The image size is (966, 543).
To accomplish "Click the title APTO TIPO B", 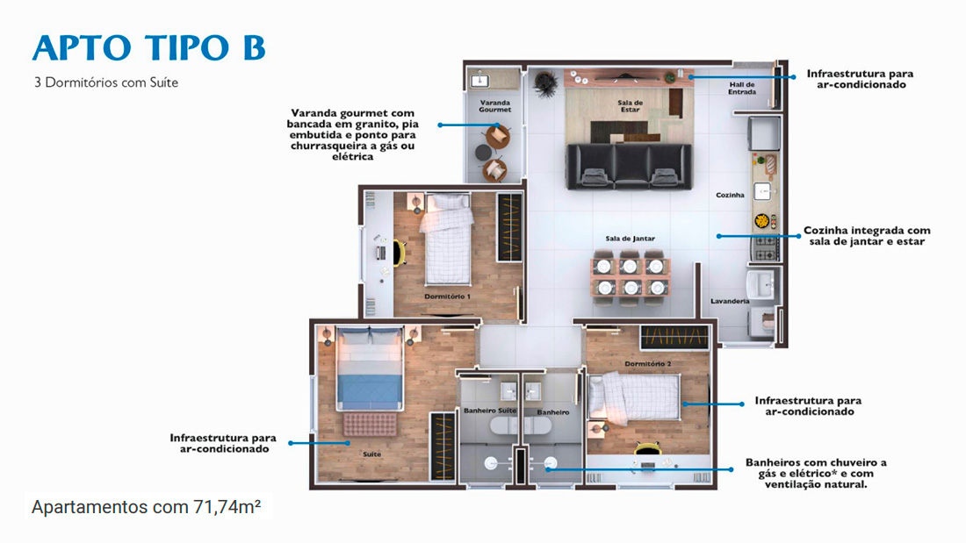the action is point(149,48).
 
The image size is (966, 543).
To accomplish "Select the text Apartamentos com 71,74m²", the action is point(146,507).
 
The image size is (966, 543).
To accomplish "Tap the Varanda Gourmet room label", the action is point(495,106).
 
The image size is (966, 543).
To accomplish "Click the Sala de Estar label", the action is point(630,106).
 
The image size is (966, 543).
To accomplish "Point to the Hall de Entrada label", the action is point(742,88).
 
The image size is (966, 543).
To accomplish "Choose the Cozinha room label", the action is point(730,195).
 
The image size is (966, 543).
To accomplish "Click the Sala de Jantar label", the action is point(631,239).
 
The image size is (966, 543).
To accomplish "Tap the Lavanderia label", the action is point(730,301).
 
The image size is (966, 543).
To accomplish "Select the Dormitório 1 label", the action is point(447,297).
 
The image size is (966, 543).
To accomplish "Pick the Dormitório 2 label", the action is point(648,364).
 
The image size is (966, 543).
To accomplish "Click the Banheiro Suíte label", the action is point(490,411).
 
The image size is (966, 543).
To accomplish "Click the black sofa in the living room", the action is point(629,166).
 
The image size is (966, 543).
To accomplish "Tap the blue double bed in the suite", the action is point(370,368).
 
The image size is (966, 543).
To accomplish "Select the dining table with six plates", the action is point(631,275).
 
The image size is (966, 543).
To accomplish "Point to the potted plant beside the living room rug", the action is point(545,83).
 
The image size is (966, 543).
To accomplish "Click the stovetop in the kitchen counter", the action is point(765,247).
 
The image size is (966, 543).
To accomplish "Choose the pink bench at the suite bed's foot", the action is point(370,425).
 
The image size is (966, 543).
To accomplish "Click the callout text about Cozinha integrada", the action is point(867,236).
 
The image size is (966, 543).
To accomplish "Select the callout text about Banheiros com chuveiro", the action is point(816,474).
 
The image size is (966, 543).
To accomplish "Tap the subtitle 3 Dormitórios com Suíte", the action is point(106,82).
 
